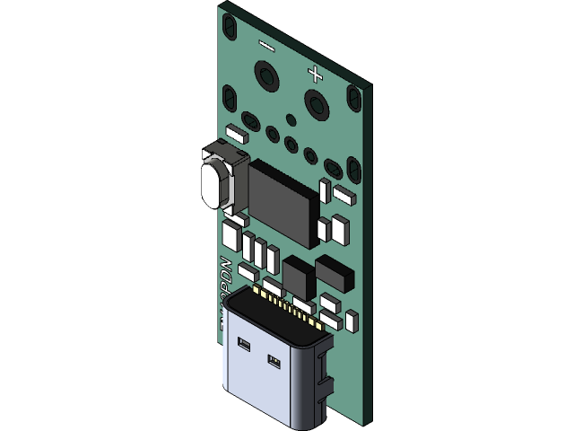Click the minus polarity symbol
pos(266,43)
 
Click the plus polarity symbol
pos(314,72)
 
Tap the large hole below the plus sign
pos(314,101)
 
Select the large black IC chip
pos(283,201)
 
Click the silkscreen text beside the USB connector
pos(225,287)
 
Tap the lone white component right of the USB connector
pos(352,319)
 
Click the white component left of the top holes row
pos(236,134)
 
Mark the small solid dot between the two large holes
pos(291,119)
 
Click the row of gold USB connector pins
pos(287,301)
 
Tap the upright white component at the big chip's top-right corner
pos(325,188)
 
